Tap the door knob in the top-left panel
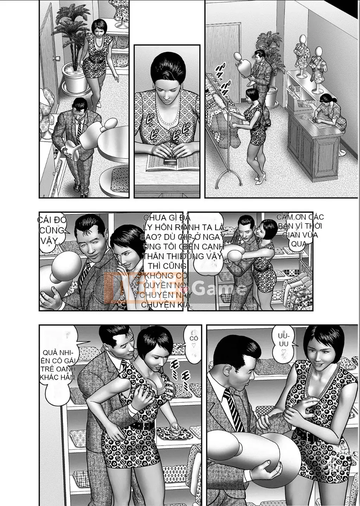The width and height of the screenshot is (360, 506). pyautogui.click(x=55, y=58)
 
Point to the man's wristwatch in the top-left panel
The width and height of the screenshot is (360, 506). pyautogui.click(x=64, y=149)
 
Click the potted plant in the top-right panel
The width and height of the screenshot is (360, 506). pyautogui.click(x=269, y=63)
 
